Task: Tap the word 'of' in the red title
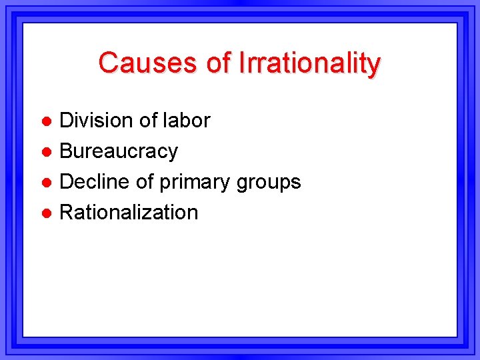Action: tap(217, 63)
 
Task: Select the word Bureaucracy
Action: tap(119, 152)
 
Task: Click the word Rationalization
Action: tap(129, 212)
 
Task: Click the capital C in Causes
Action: tap(108, 63)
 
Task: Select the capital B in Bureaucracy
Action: tap(66, 151)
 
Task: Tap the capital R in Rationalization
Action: tap(67, 212)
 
